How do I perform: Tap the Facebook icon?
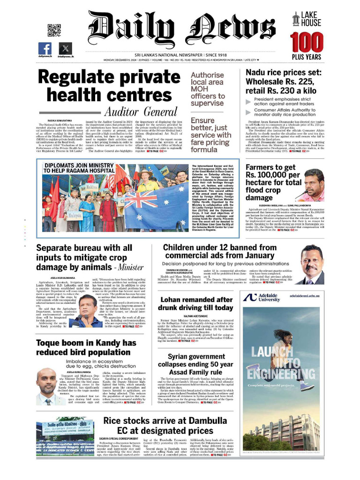45,48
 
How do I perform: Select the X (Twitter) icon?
65,48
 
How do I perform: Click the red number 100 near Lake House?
307,43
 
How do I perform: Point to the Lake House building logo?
296,19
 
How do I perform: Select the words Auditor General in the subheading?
140,112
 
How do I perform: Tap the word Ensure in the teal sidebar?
202,120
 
